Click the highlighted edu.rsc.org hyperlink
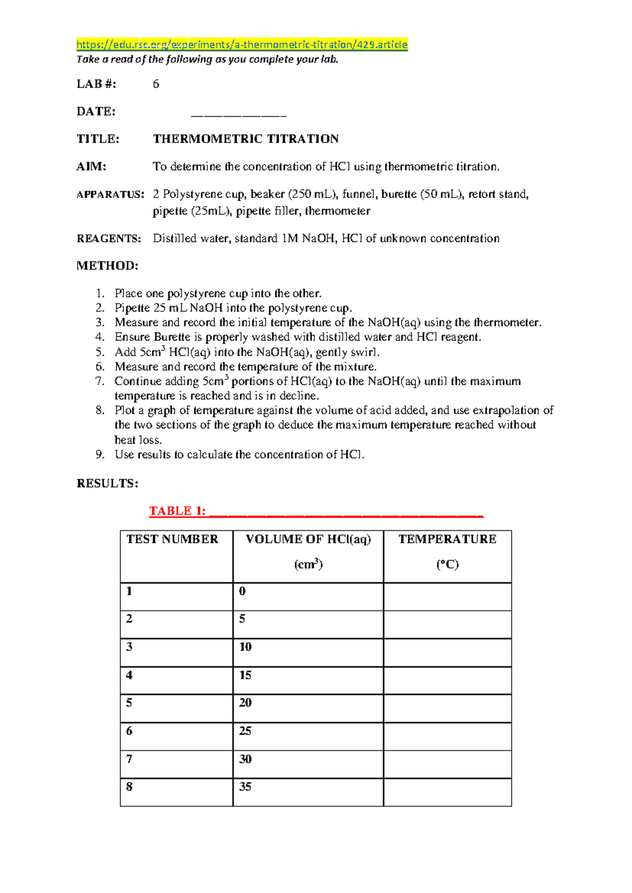coord(242,45)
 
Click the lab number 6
coord(156,84)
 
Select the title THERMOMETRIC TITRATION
coord(245,139)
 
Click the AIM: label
coord(92,167)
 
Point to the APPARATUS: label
coord(110,194)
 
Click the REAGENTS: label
coord(109,239)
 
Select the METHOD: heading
coord(107,266)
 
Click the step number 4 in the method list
coord(100,337)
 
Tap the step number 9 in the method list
coord(100,454)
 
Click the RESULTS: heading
coord(107,483)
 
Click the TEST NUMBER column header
coord(172,539)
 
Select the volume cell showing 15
coord(245,675)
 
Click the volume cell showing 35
coord(245,787)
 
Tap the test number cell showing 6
coord(130,731)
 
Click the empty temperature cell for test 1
coord(447,597)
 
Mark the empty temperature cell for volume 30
coord(447,765)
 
